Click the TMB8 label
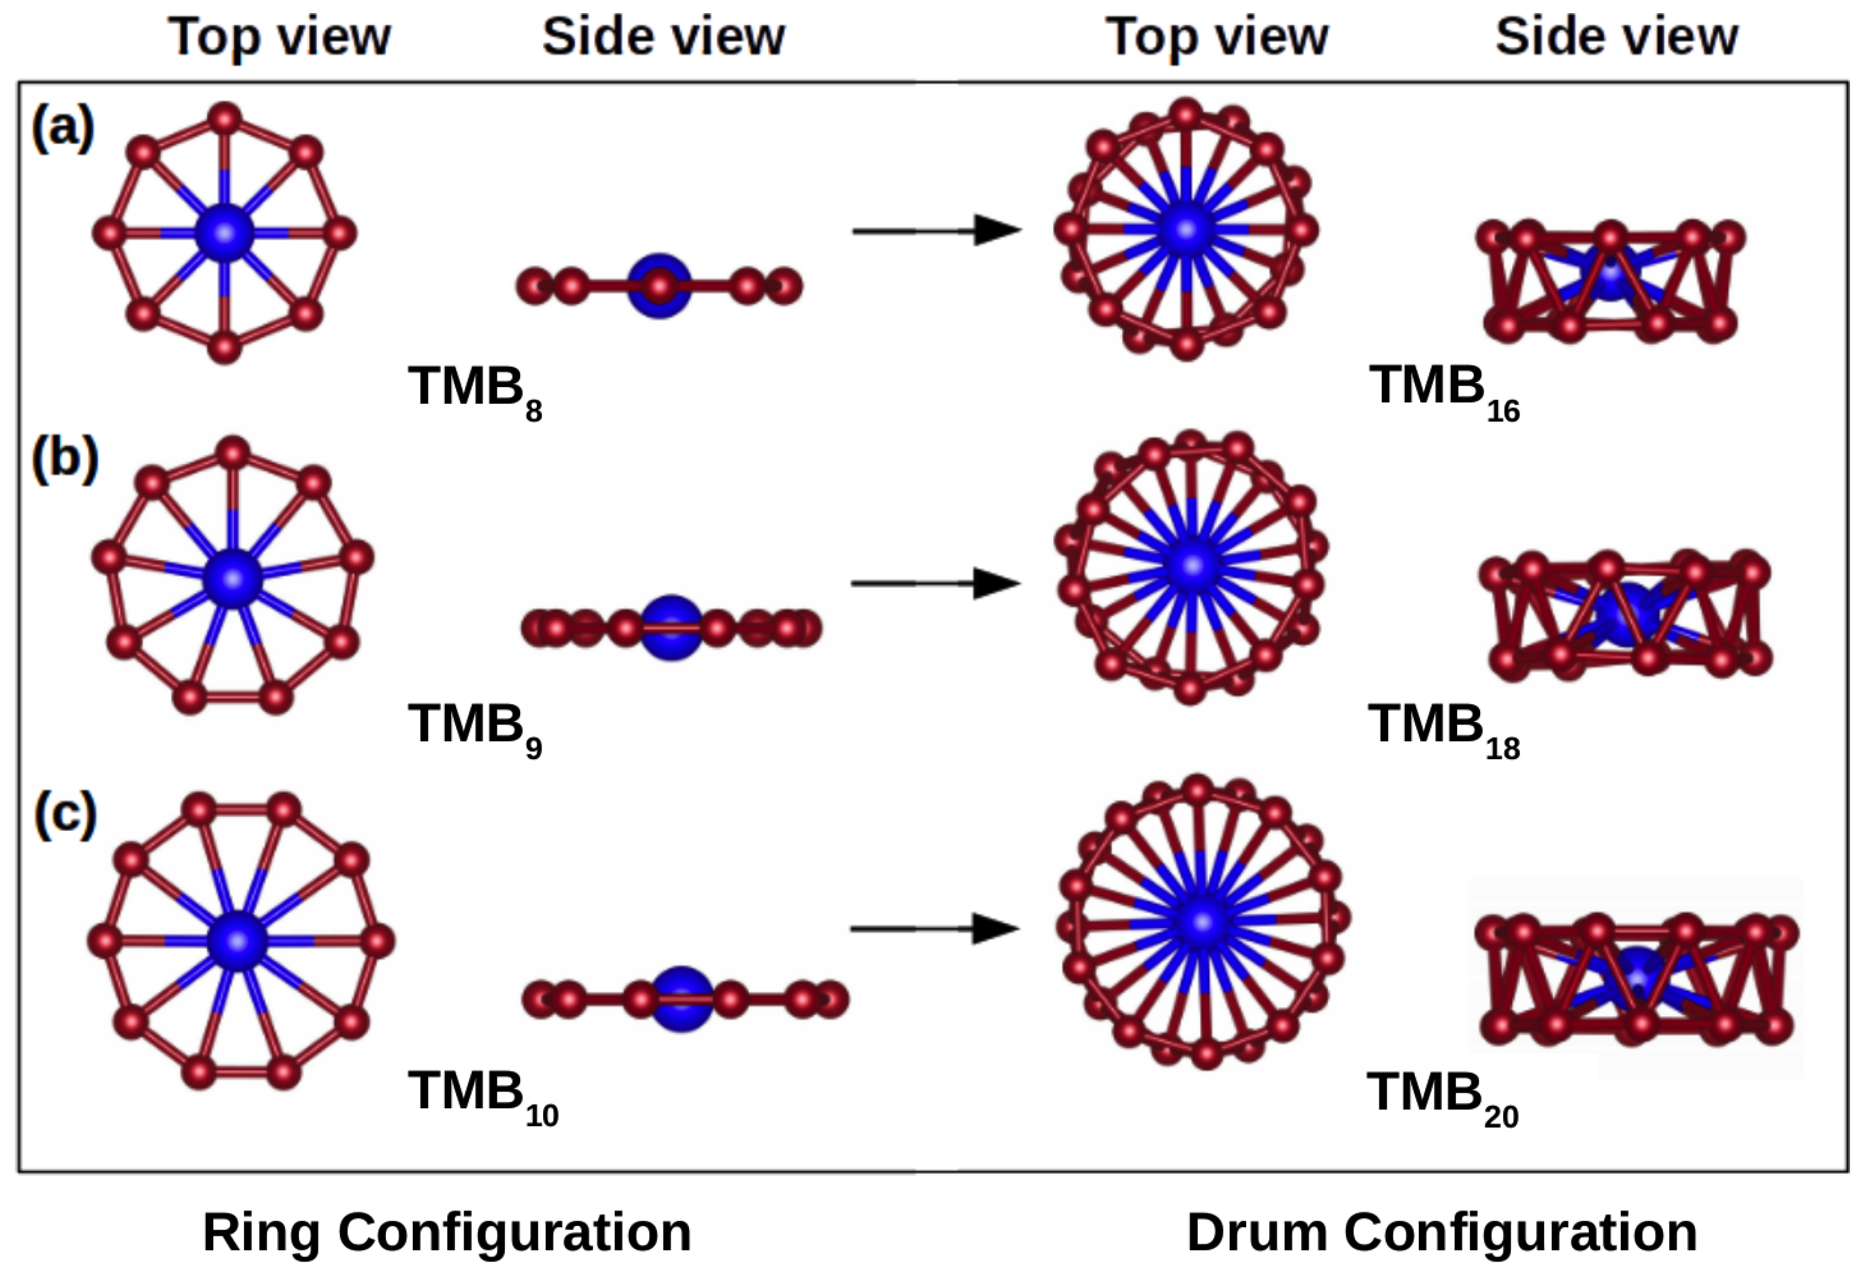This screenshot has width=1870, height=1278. (475, 391)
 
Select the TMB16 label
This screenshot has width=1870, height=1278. (1444, 391)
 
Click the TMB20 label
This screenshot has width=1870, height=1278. (1442, 1096)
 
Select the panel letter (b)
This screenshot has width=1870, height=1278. (65, 459)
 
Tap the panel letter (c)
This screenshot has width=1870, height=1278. (65, 814)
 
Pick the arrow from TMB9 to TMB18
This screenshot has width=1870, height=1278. (935, 583)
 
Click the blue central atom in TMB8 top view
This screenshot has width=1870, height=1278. (225, 233)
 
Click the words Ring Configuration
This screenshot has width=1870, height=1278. (446, 1232)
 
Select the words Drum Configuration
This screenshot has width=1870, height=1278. (1441, 1232)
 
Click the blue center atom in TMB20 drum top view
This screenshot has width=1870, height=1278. (1202, 922)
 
